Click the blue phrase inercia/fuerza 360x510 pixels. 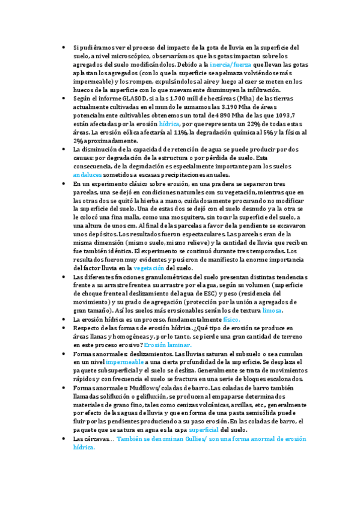point(231,64)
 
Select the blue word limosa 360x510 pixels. point(268,310)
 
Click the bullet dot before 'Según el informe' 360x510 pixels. point(64,98)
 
